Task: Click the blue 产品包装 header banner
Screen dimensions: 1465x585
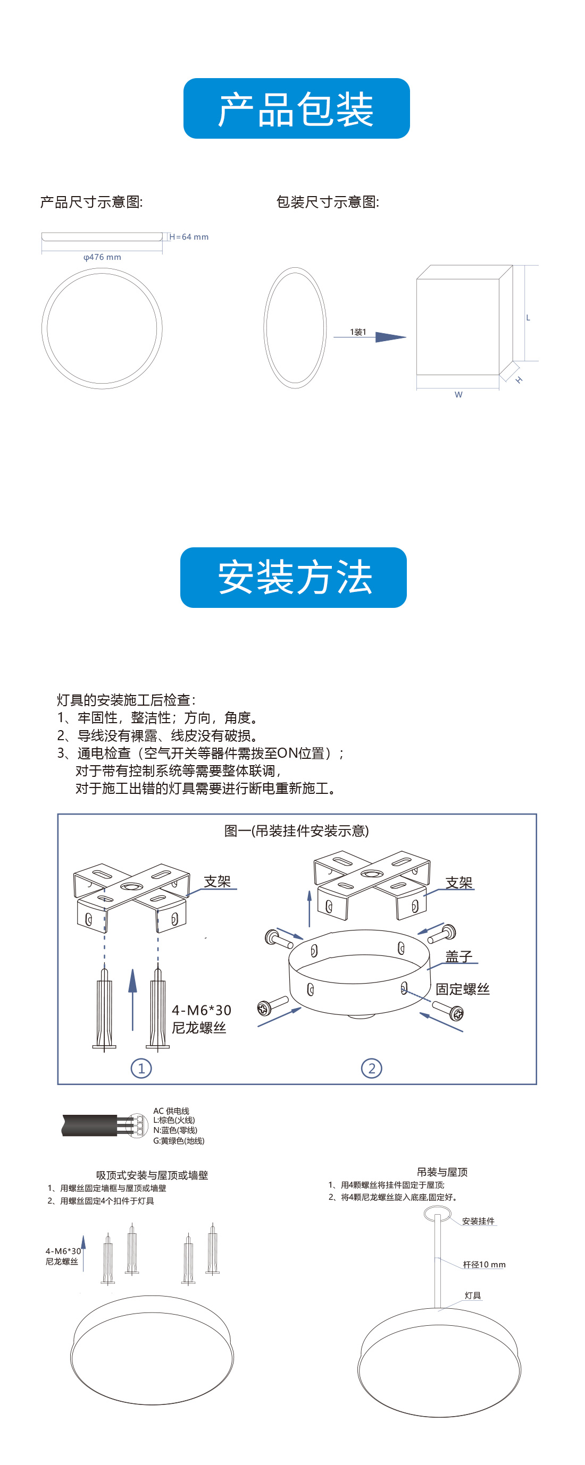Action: (x=296, y=108)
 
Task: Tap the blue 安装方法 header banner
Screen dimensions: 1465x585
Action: (x=293, y=577)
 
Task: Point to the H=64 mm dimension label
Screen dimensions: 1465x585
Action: (x=189, y=237)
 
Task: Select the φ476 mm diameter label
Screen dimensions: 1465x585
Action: (x=103, y=257)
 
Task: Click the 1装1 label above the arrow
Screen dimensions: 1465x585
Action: (x=358, y=332)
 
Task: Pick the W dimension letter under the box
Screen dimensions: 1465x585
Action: (x=458, y=395)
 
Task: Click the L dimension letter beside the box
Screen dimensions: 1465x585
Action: (x=528, y=318)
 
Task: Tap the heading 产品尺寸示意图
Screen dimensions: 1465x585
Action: (x=91, y=202)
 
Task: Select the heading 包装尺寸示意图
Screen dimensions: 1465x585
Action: (x=327, y=202)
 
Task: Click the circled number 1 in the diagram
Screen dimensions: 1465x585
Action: (x=141, y=1068)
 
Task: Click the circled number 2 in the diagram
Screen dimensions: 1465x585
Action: (x=372, y=1068)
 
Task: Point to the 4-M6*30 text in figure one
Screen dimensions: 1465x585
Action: (x=202, y=1010)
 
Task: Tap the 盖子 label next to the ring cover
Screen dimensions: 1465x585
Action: (x=458, y=956)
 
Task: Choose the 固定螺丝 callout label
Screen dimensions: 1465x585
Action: (x=462, y=989)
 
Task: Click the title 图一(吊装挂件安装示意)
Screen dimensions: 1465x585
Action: (x=296, y=831)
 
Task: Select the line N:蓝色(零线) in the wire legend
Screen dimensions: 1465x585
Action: (x=175, y=1130)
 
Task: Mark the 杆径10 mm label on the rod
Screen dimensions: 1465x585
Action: (x=484, y=1264)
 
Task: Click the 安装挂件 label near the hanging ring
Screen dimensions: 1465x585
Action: (x=478, y=1221)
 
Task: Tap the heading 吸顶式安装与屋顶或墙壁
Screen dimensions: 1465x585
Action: (x=152, y=1175)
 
